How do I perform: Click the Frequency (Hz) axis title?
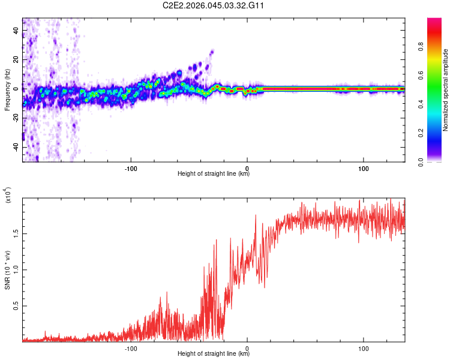tap(7, 90)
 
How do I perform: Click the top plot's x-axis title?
tap(214, 174)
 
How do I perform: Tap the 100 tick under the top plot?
tap(363, 167)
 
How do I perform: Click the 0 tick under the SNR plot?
tap(247, 347)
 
